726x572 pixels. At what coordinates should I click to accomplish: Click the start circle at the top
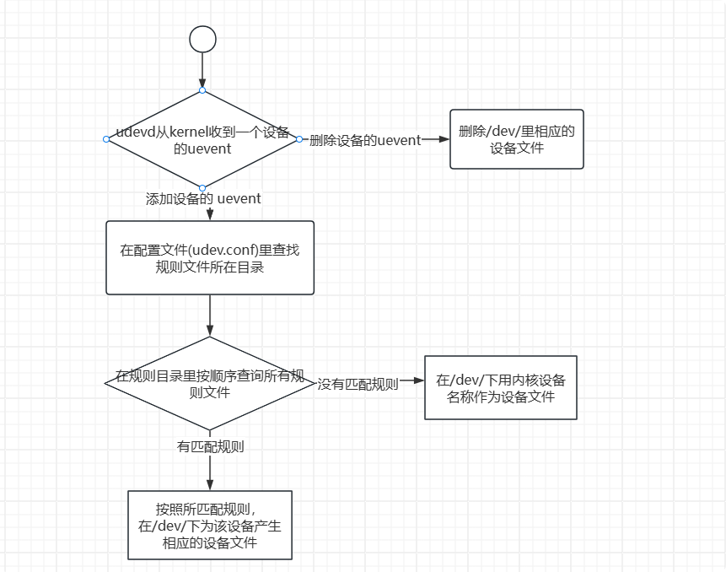[202, 39]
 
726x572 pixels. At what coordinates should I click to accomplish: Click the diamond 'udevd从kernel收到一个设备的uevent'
[202, 139]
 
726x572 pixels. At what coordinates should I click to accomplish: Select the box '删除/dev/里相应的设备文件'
[516, 139]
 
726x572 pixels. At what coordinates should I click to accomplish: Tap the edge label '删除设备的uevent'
[365, 140]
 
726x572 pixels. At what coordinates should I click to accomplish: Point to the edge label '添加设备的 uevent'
[203, 199]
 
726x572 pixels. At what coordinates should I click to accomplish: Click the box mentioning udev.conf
[210, 258]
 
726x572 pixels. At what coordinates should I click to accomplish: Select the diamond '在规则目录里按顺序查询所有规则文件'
[209, 383]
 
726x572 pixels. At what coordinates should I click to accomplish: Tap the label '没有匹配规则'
[358, 385]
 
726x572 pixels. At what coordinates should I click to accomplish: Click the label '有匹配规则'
[210, 447]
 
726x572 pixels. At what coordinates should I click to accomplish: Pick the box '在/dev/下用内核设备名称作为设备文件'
[500, 387]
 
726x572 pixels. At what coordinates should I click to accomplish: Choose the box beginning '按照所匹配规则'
[210, 525]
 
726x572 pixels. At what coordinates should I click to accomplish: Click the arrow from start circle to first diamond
[202, 67]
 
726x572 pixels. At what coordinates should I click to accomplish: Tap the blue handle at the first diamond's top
[202, 90]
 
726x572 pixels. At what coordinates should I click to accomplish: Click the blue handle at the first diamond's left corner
[106, 139]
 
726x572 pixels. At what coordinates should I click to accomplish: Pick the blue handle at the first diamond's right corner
[298, 139]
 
